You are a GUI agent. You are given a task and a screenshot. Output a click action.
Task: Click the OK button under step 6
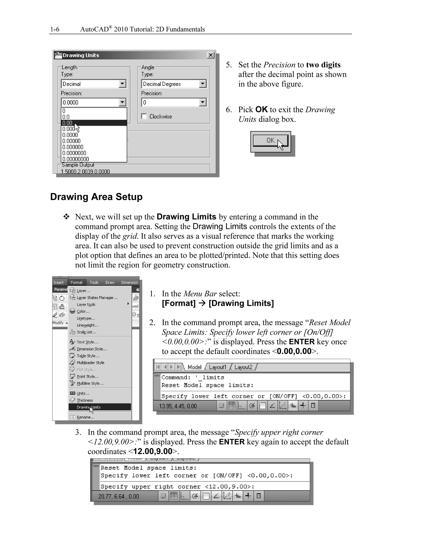pyautogui.click(x=270, y=141)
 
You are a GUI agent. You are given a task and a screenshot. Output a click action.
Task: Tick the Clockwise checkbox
pyautogui.click(x=144, y=116)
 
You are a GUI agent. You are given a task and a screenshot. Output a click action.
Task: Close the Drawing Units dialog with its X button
pyautogui.click(x=211, y=55)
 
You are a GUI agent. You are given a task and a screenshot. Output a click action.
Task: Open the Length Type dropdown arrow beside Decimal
pyautogui.click(x=122, y=84)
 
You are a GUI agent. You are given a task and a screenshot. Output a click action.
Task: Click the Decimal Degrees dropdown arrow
pyautogui.click(x=203, y=84)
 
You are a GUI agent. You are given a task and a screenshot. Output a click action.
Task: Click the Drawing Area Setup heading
pyautogui.click(x=96, y=197)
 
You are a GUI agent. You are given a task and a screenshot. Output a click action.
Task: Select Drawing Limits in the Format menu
pyautogui.click(x=89, y=407)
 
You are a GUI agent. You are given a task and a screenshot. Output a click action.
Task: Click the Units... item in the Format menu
pyautogui.click(x=83, y=393)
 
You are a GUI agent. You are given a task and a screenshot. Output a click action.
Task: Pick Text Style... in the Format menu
pyautogui.click(x=87, y=342)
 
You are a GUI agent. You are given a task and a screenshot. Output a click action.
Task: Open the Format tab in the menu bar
pyautogui.click(x=77, y=283)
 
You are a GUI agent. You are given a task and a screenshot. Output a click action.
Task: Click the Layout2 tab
pyautogui.click(x=243, y=367)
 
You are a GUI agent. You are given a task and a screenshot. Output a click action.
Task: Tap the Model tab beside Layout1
pyautogui.click(x=194, y=367)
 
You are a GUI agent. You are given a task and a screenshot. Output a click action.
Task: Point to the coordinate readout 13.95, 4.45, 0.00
pyautogui.click(x=178, y=406)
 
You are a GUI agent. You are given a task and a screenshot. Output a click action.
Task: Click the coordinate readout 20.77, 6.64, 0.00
pyautogui.click(x=118, y=496)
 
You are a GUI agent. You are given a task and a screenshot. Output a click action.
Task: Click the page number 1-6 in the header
pyautogui.click(x=55, y=30)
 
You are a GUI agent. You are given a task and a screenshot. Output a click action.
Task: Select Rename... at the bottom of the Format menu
pyautogui.click(x=85, y=417)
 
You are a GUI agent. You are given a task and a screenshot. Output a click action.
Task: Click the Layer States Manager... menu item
pyautogui.click(x=97, y=298)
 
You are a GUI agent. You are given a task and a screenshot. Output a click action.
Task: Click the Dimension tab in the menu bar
pyautogui.click(x=129, y=283)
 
